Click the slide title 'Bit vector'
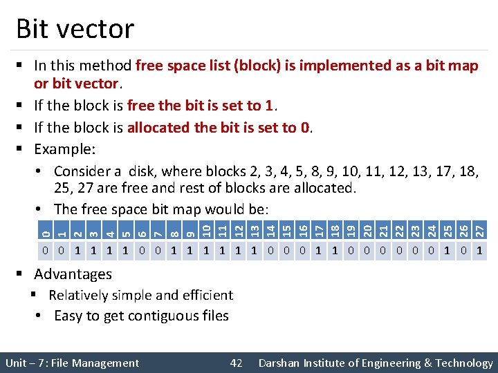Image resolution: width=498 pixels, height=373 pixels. (75, 29)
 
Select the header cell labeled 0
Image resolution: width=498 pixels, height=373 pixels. (45, 229)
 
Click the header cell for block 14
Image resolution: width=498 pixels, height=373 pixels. (270, 229)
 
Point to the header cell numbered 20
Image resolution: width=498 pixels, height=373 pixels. (368, 229)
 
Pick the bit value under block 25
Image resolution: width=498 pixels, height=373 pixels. (448, 249)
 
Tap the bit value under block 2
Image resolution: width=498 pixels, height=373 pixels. (77, 249)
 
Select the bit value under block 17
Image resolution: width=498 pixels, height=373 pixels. (318, 249)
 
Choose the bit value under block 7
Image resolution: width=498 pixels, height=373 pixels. (158, 249)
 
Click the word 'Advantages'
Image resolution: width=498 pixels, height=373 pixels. (73, 274)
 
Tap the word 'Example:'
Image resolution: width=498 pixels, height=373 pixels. (65, 149)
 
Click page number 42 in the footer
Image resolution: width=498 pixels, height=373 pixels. (237, 363)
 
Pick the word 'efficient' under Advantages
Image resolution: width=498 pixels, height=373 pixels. (206, 295)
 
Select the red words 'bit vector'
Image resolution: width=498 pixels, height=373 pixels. (86, 84)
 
